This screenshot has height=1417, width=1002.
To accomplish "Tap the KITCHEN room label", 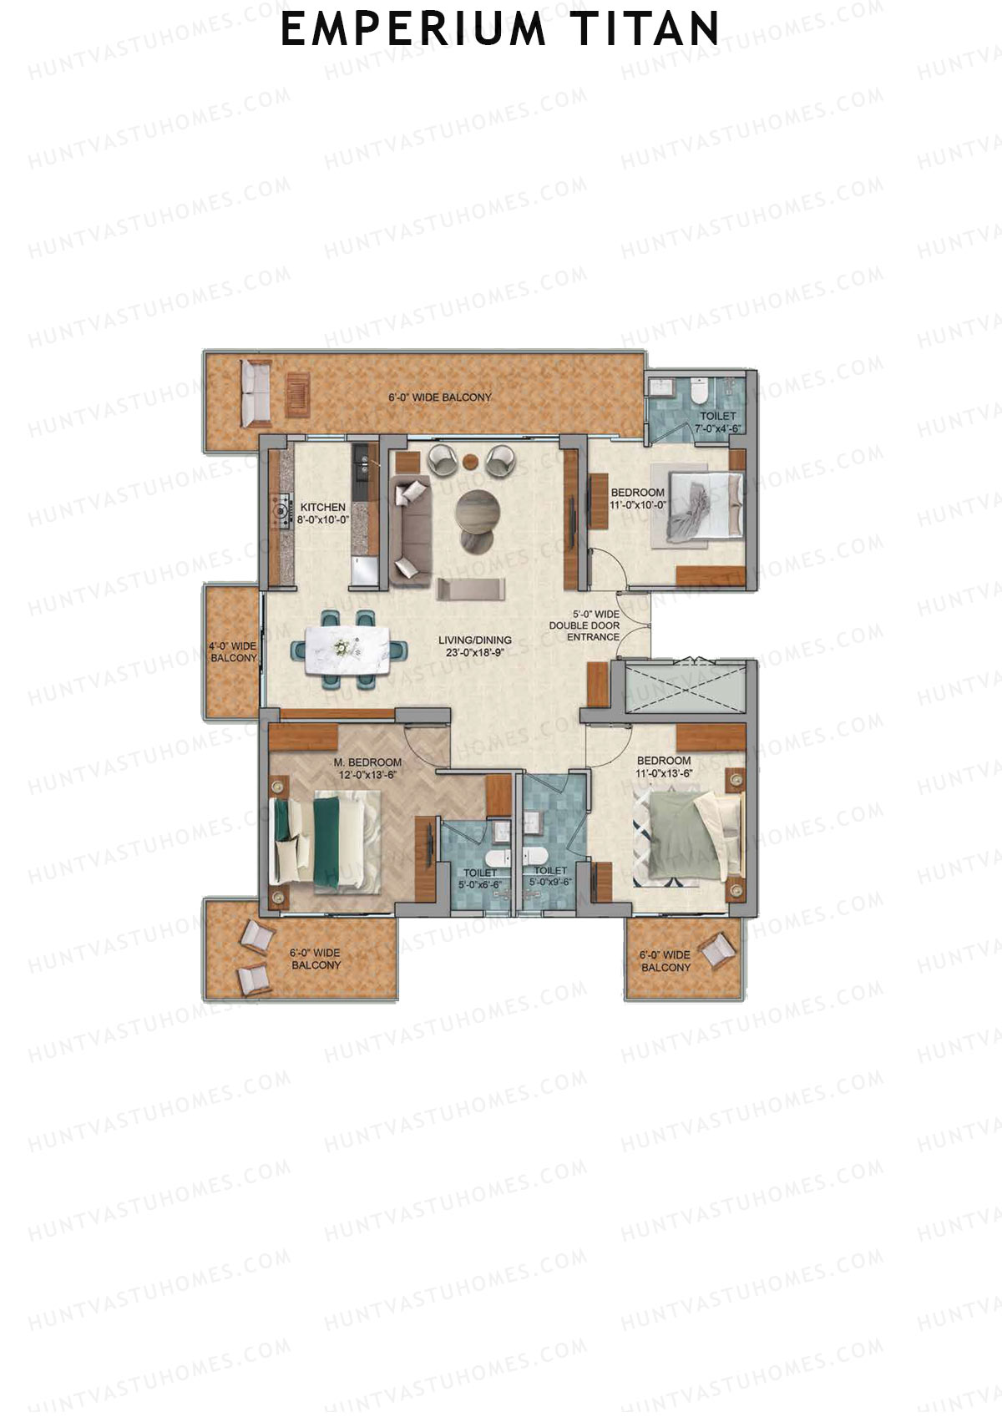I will coord(323,513).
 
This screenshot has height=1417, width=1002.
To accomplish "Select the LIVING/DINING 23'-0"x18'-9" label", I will coord(475,646).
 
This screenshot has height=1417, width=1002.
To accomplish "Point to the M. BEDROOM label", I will coord(367,768).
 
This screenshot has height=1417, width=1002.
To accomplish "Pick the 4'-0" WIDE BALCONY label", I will coord(233,652).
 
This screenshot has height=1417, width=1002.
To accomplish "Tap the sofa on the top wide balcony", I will coord(255,391).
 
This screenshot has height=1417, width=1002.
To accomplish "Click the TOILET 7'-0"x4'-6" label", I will coord(718,422).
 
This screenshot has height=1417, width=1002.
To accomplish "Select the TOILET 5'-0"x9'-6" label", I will coord(550,876).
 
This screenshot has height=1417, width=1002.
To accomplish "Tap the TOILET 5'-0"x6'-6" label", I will coord(479,878).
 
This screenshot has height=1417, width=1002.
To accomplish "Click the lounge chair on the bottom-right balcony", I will coord(717,949).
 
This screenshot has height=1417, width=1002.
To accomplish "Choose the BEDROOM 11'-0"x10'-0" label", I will coord(638,498).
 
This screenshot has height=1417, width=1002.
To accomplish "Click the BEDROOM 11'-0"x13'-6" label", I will coord(664,767).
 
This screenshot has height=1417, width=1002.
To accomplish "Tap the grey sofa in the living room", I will coord(408,530).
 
